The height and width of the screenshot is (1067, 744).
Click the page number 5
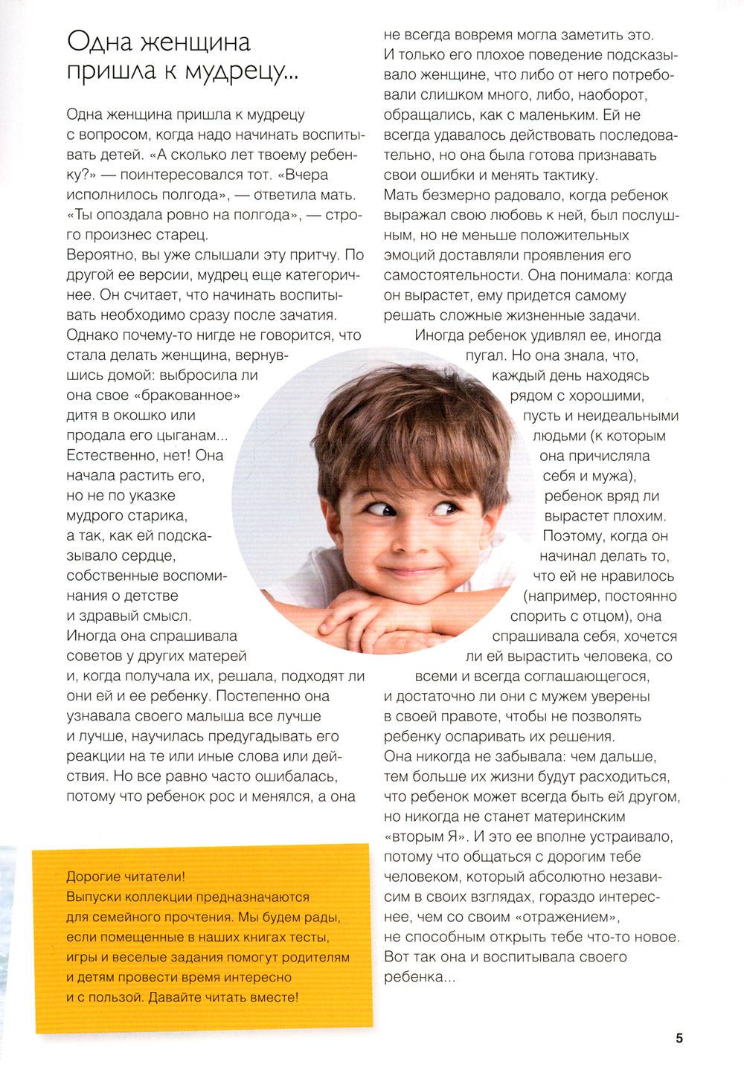(x=679, y=1038)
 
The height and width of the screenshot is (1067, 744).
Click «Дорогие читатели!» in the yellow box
(x=126, y=877)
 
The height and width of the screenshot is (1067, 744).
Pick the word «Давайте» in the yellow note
(x=175, y=997)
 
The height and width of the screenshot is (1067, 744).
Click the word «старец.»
(x=182, y=235)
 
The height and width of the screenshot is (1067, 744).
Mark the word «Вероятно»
(x=97, y=255)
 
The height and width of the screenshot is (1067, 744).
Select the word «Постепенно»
(x=257, y=697)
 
